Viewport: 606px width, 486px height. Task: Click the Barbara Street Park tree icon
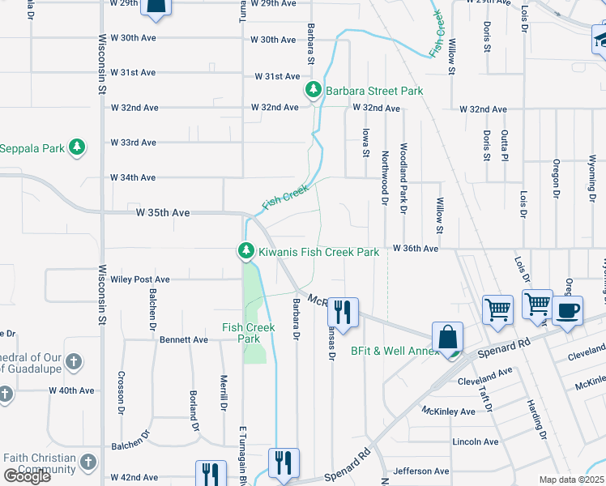click(314, 91)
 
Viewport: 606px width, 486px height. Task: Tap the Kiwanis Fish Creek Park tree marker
click(245, 252)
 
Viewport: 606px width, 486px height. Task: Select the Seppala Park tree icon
click(76, 147)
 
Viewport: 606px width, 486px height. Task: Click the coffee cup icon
click(567, 311)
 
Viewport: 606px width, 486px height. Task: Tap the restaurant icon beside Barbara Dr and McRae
click(344, 312)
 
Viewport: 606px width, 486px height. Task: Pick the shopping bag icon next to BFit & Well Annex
click(447, 337)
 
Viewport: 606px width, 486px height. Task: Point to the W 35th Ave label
click(163, 212)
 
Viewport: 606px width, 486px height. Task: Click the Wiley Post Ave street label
click(140, 279)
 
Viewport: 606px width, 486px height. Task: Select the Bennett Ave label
click(184, 339)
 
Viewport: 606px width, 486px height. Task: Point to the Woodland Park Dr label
click(403, 178)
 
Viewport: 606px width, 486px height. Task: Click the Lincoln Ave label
click(476, 441)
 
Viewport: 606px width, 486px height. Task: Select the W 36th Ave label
click(415, 249)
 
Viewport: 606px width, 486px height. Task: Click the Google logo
click(27, 475)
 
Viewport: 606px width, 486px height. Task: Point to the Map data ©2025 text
click(571, 480)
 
